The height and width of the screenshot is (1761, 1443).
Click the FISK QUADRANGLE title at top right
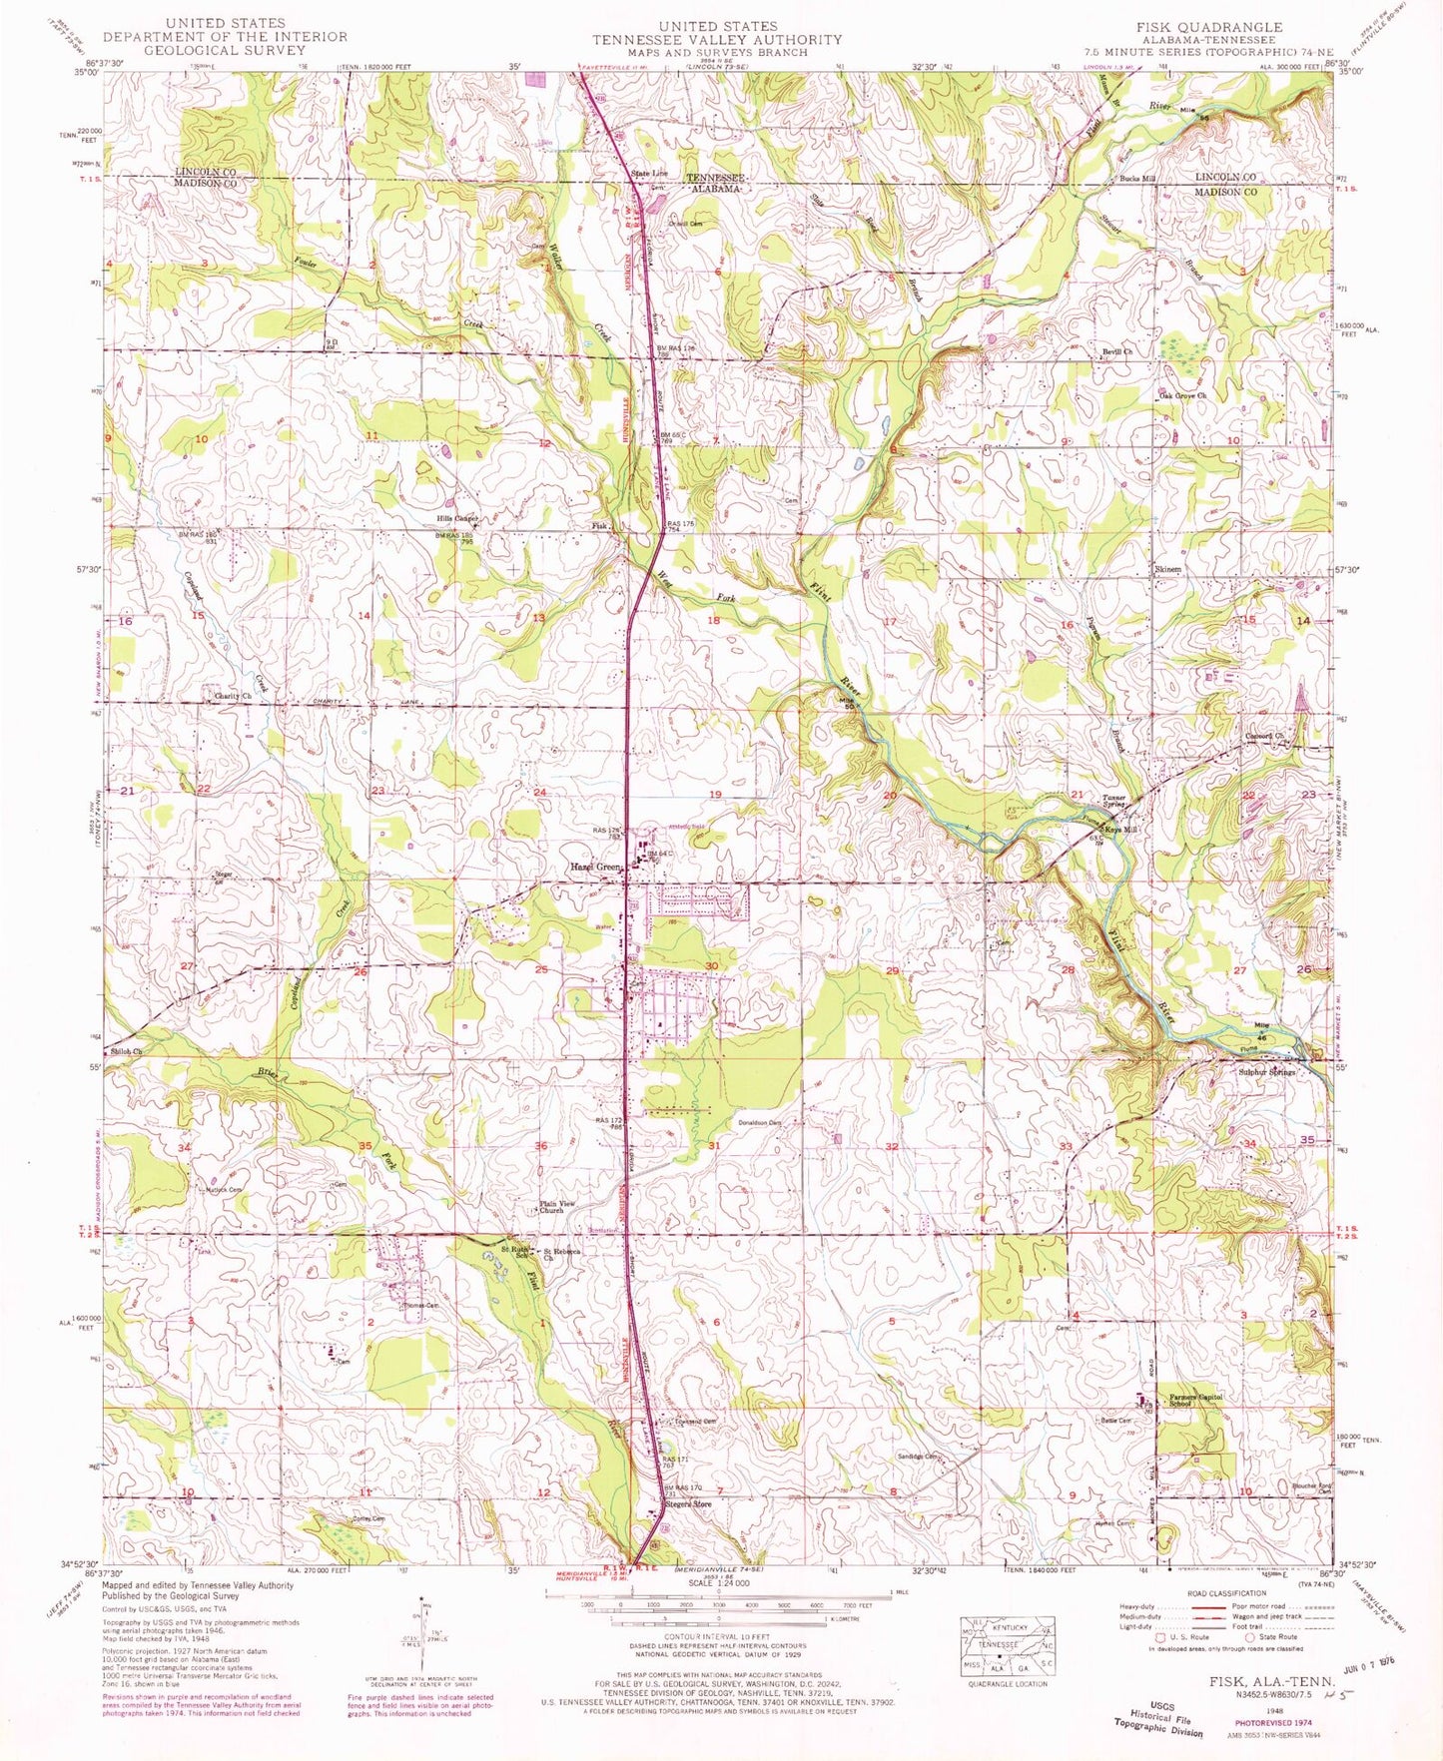click(x=1208, y=27)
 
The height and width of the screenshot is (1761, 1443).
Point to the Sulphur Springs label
click(x=1266, y=1072)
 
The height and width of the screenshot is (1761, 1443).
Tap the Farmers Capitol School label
click(x=1202, y=1399)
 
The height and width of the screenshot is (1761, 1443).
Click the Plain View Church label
click(x=557, y=1207)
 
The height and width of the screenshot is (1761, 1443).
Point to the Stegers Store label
click(x=688, y=1503)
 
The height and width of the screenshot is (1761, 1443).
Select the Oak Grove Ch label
click(x=1182, y=396)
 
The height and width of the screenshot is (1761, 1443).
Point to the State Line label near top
click(x=648, y=175)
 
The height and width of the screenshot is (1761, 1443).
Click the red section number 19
click(x=715, y=794)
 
